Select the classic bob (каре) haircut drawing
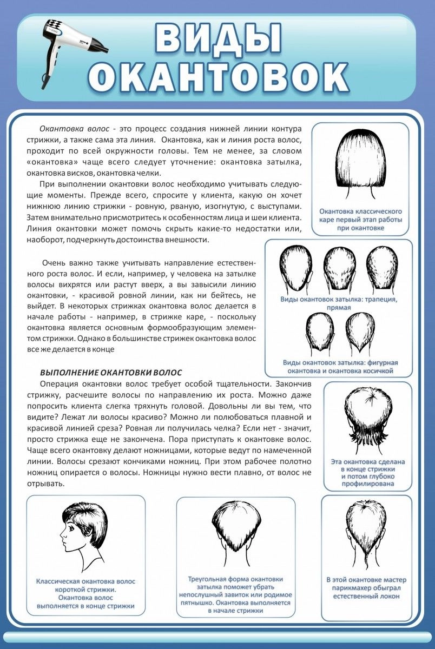[359, 162]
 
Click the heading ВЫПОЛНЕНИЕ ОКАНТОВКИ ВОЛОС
[111, 373]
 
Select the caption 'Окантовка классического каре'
[360, 220]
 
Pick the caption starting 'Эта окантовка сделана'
[368, 473]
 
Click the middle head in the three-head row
[339, 268]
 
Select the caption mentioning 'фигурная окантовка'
[340, 367]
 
